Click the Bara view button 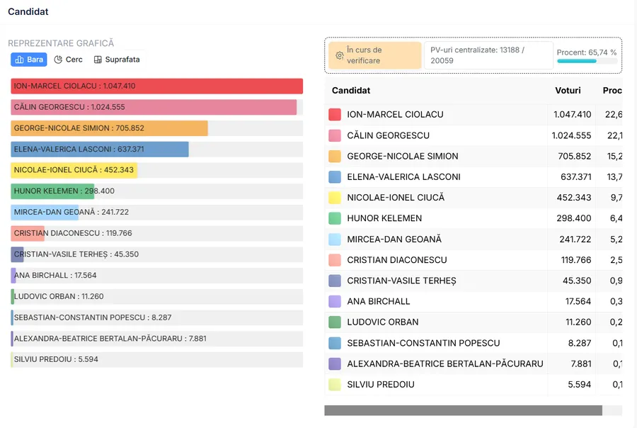tap(28, 60)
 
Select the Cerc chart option tap(69, 60)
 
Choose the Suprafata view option tap(117, 60)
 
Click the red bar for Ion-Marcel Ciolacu tap(156, 86)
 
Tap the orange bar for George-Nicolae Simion tap(109, 128)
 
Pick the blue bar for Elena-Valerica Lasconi tap(100, 150)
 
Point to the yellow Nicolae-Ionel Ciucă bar tap(74, 170)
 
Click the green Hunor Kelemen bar tap(53, 191)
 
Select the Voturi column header tap(568, 91)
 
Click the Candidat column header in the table tap(351, 91)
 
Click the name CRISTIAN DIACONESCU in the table tap(397, 260)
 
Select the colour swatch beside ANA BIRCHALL tap(335, 301)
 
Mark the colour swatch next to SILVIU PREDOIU tap(335, 385)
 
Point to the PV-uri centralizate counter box tap(488, 55)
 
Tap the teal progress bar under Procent tap(577, 62)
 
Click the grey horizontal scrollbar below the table tap(463, 410)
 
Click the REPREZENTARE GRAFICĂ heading tap(61, 43)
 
